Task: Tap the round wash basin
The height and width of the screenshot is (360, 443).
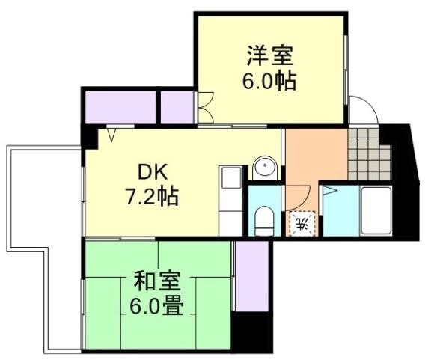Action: tap(264, 167)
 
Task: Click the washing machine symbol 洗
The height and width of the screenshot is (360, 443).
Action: tap(302, 222)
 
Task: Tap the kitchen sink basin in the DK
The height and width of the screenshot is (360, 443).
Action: tap(230, 180)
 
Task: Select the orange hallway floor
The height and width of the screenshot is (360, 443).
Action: tap(314, 157)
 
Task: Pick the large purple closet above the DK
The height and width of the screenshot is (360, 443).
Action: tap(120, 106)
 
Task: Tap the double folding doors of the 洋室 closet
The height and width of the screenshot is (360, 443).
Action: tap(205, 106)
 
